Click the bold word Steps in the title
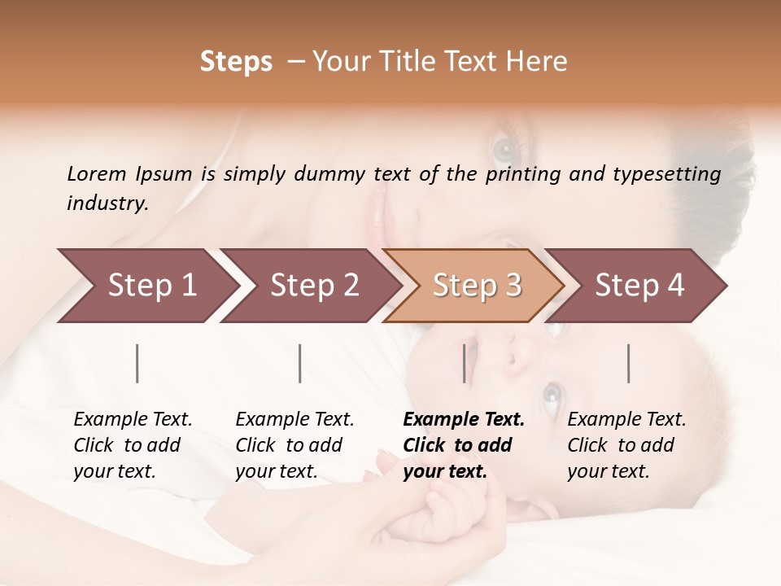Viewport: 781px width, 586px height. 236,62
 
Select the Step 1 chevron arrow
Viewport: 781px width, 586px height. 146,285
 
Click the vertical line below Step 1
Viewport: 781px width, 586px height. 137,363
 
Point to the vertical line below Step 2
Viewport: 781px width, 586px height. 300,363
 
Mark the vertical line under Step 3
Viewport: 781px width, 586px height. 465,363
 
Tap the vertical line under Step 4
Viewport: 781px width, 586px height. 629,363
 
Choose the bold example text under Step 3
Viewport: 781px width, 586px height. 463,445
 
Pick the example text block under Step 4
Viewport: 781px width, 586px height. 626,445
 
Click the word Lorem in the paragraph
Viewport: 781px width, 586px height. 97,173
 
